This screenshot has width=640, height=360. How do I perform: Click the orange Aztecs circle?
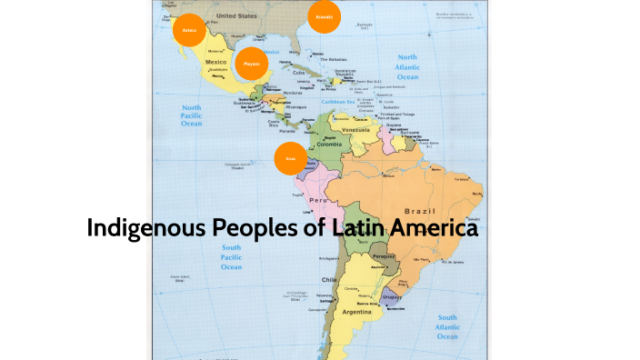pyautogui.click(x=189, y=30)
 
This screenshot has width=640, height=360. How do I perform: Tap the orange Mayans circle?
pyautogui.click(x=250, y=64)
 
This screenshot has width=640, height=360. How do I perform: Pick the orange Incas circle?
pyautogui.click(x=291, y=158)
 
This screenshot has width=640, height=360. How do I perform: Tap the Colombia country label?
pyautogui.click(x=329, y=145)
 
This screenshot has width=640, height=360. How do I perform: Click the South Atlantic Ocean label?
pyautogui.click(x=448, y=328)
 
